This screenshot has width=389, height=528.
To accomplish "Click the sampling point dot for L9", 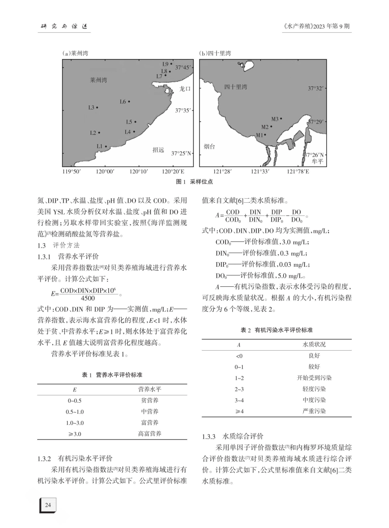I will pos(171,63).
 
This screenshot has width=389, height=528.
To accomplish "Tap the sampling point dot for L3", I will pos(97,107).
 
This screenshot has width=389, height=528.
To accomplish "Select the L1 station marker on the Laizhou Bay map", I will pos(106,146).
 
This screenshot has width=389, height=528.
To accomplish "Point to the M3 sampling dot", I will pos(280,119).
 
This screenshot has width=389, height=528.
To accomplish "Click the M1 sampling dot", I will pos(265,134).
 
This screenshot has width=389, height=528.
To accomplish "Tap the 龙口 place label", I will pos(185,88).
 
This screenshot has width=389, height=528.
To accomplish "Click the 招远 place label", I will pos(158,150).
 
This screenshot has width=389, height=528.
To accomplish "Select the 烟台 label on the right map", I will pos(209,146).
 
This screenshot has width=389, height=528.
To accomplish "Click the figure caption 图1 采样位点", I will pos(194,182).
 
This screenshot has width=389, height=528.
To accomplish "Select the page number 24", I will pos(48,505).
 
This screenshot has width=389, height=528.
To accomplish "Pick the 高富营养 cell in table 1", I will pos(149,433).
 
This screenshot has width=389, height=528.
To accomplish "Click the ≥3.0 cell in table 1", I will pos(75,433).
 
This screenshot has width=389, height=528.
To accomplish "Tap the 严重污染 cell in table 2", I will pos(314,411).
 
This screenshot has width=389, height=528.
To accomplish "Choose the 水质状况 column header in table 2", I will pos(314,344).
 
